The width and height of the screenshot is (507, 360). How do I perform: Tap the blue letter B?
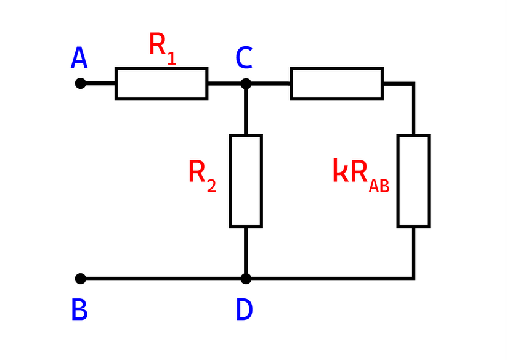click(x=79, y=310)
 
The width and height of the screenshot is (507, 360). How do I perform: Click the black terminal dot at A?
click(x=79, y=83)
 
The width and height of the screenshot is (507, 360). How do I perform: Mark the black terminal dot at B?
click(x=79, y=279)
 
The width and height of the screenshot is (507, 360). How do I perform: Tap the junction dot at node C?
click(x=246, y=83)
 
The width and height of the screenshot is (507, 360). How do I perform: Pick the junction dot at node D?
click(x=246, y=279)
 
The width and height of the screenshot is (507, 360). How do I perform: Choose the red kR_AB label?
click(x=361, y=174)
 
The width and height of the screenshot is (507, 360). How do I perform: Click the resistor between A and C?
click(x=161, y=84)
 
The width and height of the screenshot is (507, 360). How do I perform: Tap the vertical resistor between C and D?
click(x=246, y=181)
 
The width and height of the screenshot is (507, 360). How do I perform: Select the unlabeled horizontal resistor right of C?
click(x=336, y=84)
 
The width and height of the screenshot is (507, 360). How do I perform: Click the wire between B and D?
click(x=163, y=279)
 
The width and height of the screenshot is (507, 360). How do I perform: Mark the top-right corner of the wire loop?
click(x=413, y=84)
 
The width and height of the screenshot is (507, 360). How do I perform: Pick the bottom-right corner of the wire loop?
click(x=413, y=279)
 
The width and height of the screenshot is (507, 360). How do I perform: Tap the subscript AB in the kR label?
click(x=379, y=186)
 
